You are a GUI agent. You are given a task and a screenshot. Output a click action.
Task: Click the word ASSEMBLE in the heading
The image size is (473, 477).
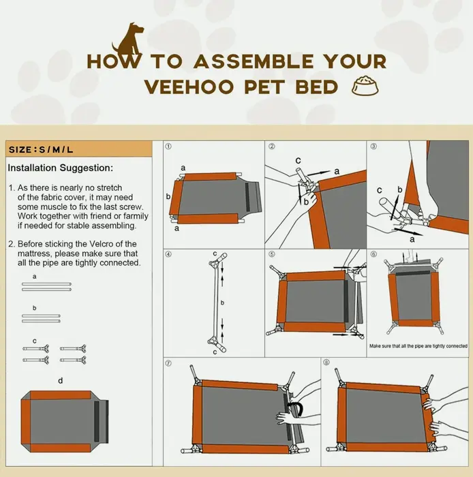pos(254,61)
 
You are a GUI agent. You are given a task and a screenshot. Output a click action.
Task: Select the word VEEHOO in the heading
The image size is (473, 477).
pos(188,87)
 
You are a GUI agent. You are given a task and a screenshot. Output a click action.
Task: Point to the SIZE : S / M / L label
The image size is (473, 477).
pos(41,150)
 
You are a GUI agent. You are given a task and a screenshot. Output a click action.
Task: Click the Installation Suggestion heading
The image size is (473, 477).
pos(60,168)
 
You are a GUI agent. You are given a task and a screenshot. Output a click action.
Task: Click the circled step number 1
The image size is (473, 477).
pos(168,147)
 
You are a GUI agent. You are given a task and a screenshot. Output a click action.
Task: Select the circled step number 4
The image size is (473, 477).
pos(168,254)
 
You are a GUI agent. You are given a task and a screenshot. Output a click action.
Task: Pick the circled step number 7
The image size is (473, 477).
pos(168,363)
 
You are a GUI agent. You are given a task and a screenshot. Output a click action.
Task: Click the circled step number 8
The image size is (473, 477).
pos(326,363)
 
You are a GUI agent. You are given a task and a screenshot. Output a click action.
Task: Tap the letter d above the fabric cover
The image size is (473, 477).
pos(60,380)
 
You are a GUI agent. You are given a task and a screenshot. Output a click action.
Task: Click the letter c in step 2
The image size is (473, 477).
pos(298,160)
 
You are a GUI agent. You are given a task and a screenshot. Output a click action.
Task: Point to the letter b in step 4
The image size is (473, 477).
pos(222,303)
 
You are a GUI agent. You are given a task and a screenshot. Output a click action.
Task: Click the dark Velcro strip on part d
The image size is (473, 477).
pos(97,421)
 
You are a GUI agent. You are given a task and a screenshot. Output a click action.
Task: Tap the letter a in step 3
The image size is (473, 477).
pos(412,239)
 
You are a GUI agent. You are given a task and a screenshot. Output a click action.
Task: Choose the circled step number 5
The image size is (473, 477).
pos(272,254)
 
